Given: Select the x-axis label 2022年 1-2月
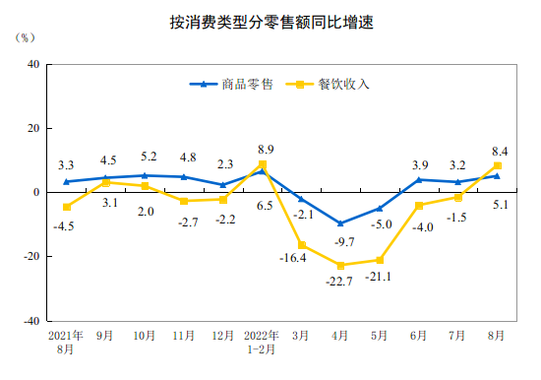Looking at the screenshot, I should pos(262,343).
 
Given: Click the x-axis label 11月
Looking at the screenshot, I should pos(184,336).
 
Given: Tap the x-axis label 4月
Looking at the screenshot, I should pos(340,336).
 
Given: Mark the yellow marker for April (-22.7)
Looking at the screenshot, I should pos(340,265).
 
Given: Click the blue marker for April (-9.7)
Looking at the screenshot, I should pos(340,223).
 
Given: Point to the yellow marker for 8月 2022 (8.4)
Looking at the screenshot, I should pos(497,165).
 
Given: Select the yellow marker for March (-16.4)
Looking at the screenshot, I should pos(301,245).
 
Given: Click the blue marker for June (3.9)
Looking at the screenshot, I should pos(419,179).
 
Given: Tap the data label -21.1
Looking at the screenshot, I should pos(379,277).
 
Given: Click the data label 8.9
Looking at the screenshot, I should pos(265,150).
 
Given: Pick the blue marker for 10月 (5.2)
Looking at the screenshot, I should pos(145,175).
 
